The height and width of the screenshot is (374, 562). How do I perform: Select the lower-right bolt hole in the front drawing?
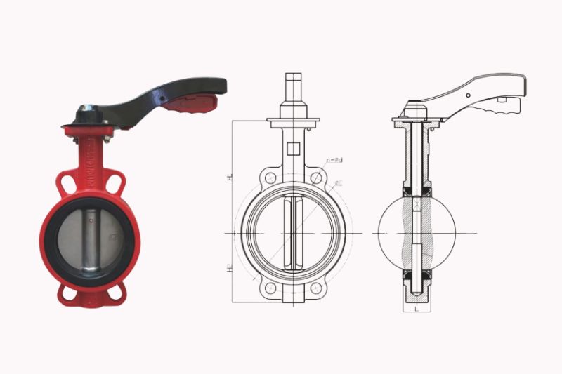pyautogui.click(x=318, y=288)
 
